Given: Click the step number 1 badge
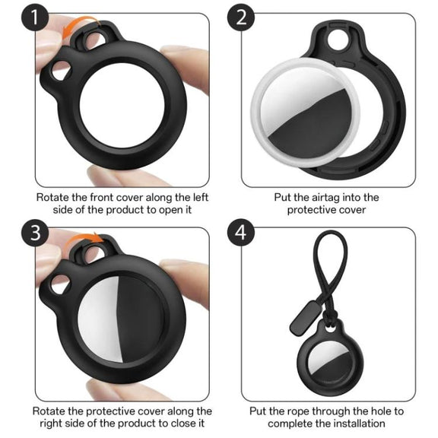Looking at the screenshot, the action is [35, 17].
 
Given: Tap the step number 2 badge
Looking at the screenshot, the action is [241, 17].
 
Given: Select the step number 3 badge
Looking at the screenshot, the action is [35, 233].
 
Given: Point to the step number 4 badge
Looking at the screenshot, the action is [241, 233].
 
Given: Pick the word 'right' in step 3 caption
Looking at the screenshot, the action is [51, 424].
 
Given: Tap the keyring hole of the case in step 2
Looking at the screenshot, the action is [338, 40].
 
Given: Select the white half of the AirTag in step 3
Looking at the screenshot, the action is [99, 319].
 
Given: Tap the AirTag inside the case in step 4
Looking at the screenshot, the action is [329, 361].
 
